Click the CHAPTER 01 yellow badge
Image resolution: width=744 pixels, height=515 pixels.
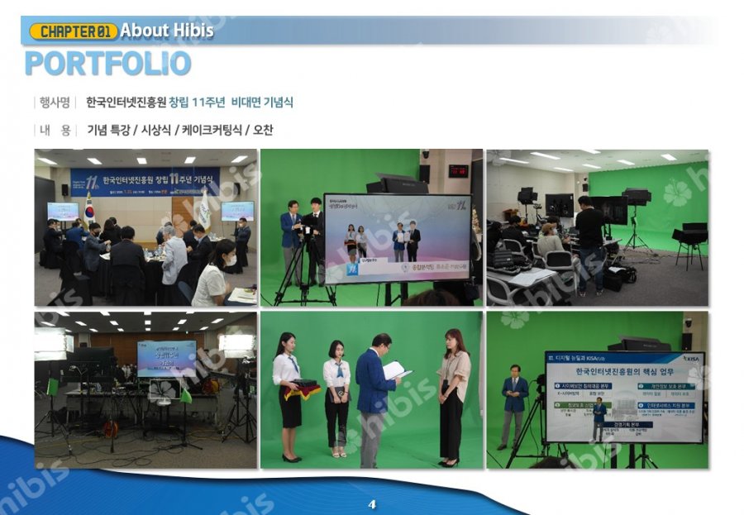click(x=73, y=31)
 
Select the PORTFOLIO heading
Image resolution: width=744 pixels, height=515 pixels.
click(x=107, y=64)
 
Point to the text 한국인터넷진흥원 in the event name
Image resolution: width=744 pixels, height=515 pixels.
click(x=126, y=103)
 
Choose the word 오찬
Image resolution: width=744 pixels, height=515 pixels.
click(x=263, y=130)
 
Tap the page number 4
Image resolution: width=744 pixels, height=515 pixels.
click(x=372, y=503)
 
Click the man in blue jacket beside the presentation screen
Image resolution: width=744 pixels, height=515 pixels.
click(x=514, y=405)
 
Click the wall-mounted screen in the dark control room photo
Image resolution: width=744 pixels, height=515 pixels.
click(x=166, y=358)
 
